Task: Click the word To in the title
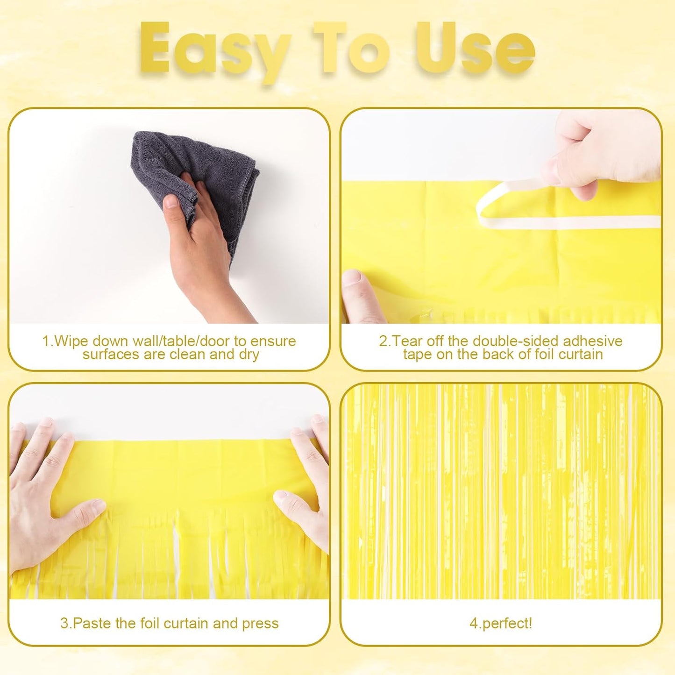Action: [x=351, y=49]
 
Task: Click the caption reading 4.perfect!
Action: [x=501, y=623]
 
